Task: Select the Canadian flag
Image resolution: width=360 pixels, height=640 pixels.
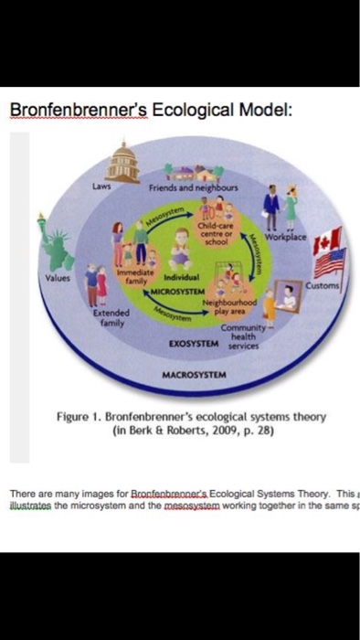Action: tap(326, 241)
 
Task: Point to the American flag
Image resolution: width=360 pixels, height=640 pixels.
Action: tap(331, 262)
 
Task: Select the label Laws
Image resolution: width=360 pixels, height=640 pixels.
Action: tap(101, 187)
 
